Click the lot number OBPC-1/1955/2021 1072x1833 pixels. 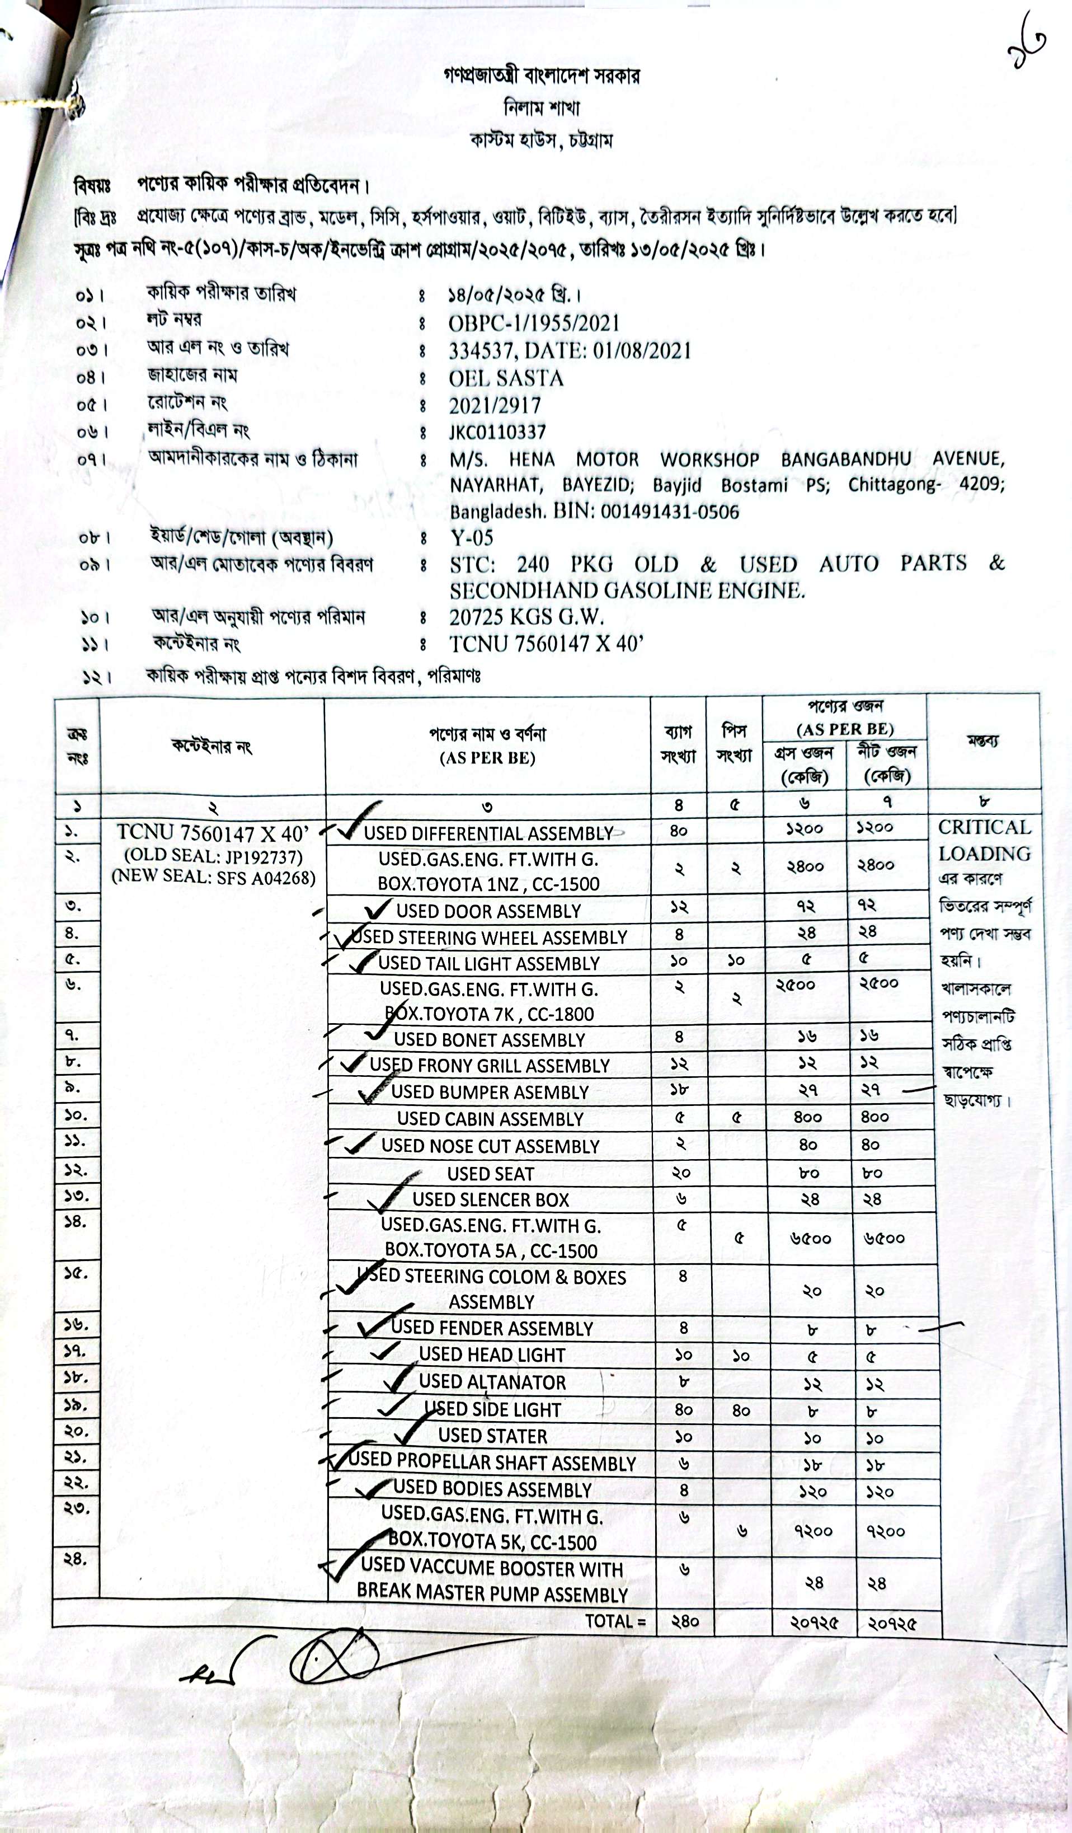[x=534, y=323]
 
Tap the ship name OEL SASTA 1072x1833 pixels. [x=506, y=378]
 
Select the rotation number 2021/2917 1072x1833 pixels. [x=495, y=405]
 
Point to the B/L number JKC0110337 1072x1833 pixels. [x=497, y=432]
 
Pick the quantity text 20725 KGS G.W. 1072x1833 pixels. [x=526, y=617]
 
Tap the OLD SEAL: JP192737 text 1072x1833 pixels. [x=213, y=856]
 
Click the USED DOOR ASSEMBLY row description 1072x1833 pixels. [x=489, y=911]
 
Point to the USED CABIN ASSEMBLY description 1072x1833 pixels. [x=490, y=1119]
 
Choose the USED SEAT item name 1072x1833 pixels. [x=490, y=1174]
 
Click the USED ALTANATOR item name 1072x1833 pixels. [x=492, y=1382]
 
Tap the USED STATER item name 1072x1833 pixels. [x=492, y=1436]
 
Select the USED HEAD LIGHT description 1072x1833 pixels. [x=492, y=1354]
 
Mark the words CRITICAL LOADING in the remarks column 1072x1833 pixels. [x=984, y=840]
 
